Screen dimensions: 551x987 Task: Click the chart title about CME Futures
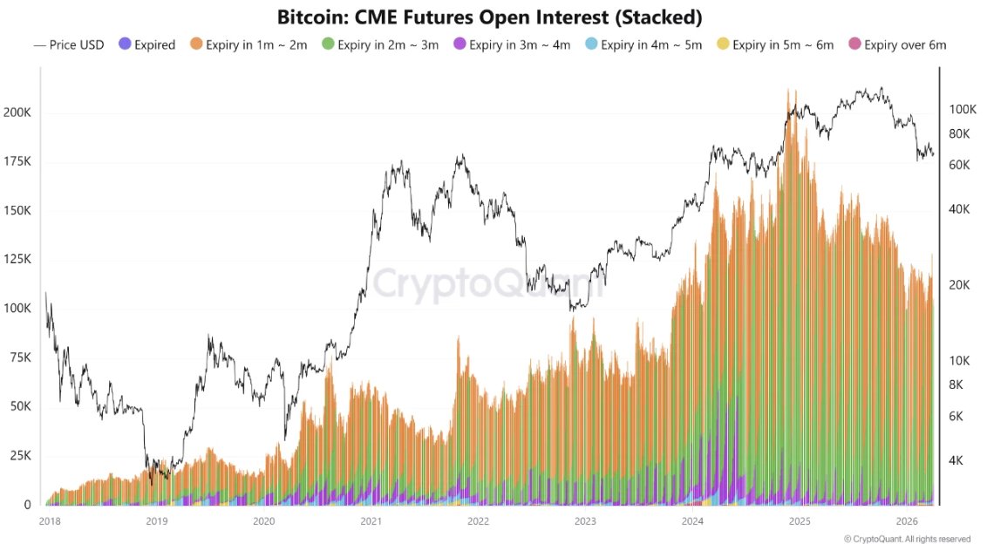(x=489, y=17)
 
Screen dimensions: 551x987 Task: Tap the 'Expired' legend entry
(x=147, y=44)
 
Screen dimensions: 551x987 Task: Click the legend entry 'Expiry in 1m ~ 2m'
(x=249, y=44)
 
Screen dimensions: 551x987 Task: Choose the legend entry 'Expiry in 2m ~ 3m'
(x=382, y=44)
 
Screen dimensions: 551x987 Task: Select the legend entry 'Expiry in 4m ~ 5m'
(x=646, y=44)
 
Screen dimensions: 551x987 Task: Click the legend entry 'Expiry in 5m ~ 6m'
(x=778, y=44)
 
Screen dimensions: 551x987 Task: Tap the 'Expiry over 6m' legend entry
(x=897, y=44)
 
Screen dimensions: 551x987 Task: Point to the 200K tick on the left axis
(x=17, y=112)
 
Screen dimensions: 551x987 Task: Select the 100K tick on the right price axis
(x=963, y=109)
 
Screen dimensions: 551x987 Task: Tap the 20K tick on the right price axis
(x=961, y=285)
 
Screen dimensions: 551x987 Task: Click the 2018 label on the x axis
(x=49, y=521)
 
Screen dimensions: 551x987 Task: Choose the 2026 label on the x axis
(x=907, y=521)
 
